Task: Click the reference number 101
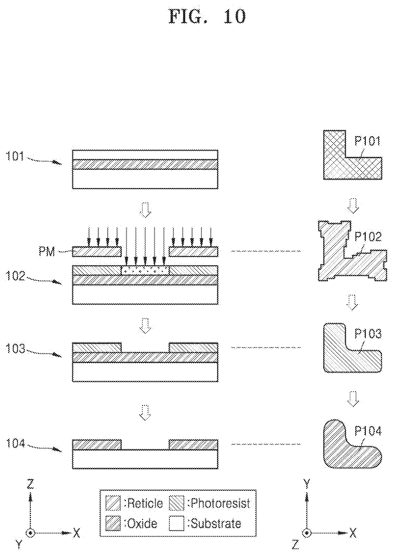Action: (15, 157)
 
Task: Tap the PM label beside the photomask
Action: (47, 251)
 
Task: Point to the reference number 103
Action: (15, 349)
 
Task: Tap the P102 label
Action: (368, 237)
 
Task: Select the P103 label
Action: (368, 334)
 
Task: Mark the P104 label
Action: (368, 431)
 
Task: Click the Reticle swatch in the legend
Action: (113, 503)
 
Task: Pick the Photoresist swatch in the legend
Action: (177, 503)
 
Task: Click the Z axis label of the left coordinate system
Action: (31, 484)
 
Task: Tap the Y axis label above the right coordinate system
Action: (307, 484)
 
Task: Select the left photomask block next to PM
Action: (97, 251)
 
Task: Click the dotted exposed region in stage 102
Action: (145, 270)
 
